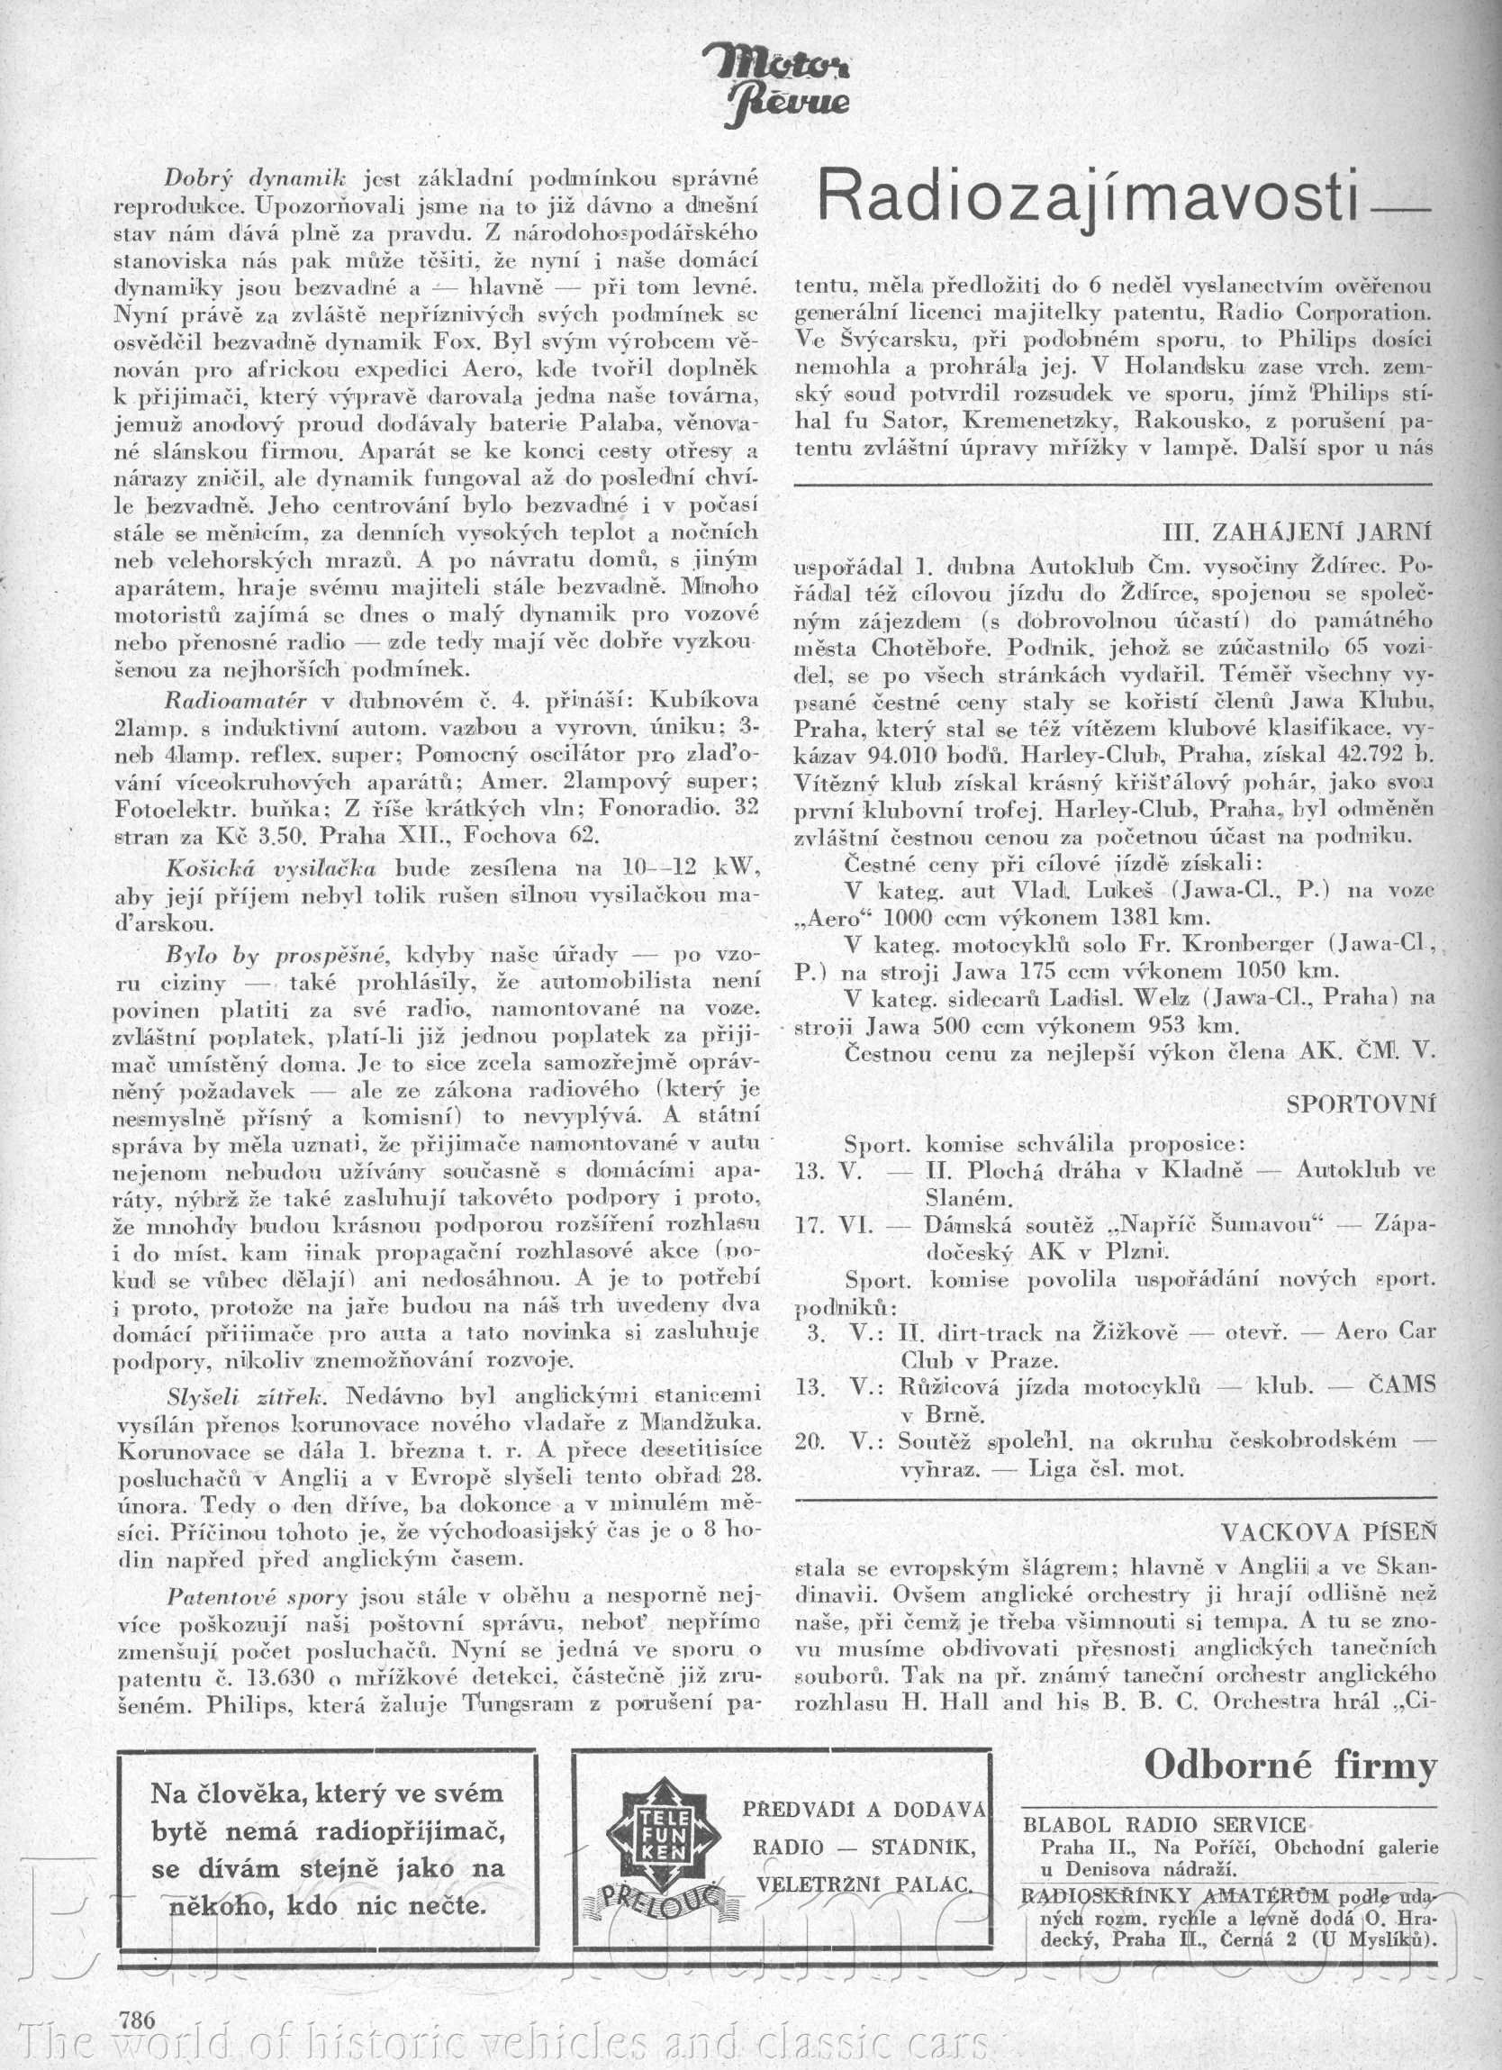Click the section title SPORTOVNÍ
tap(1361, 1103)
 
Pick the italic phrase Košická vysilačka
tap(271, 867)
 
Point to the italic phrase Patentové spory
tap(258, 1597)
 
